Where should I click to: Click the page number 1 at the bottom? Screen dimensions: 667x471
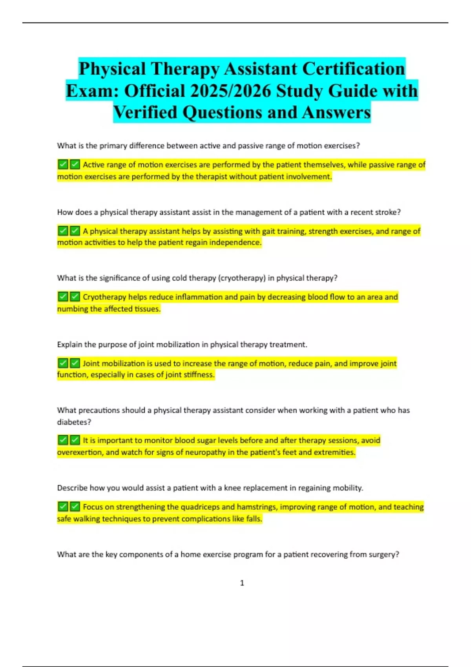(242, 583)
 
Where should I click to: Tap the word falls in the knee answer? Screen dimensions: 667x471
(254, 519)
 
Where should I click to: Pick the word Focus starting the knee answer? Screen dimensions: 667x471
(93, 507)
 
